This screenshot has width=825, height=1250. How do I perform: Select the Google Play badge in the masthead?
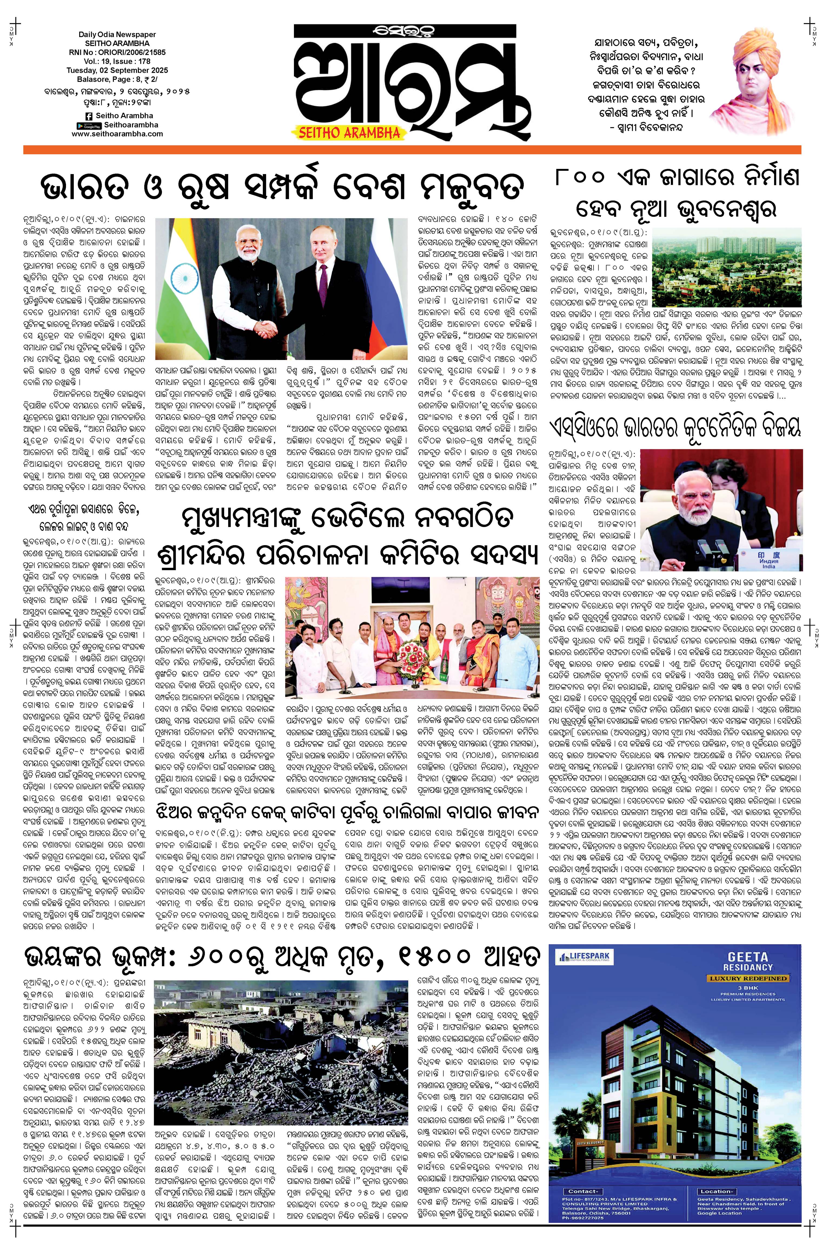[88, 125]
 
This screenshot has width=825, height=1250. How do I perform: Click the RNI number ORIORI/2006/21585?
[117, 53]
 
